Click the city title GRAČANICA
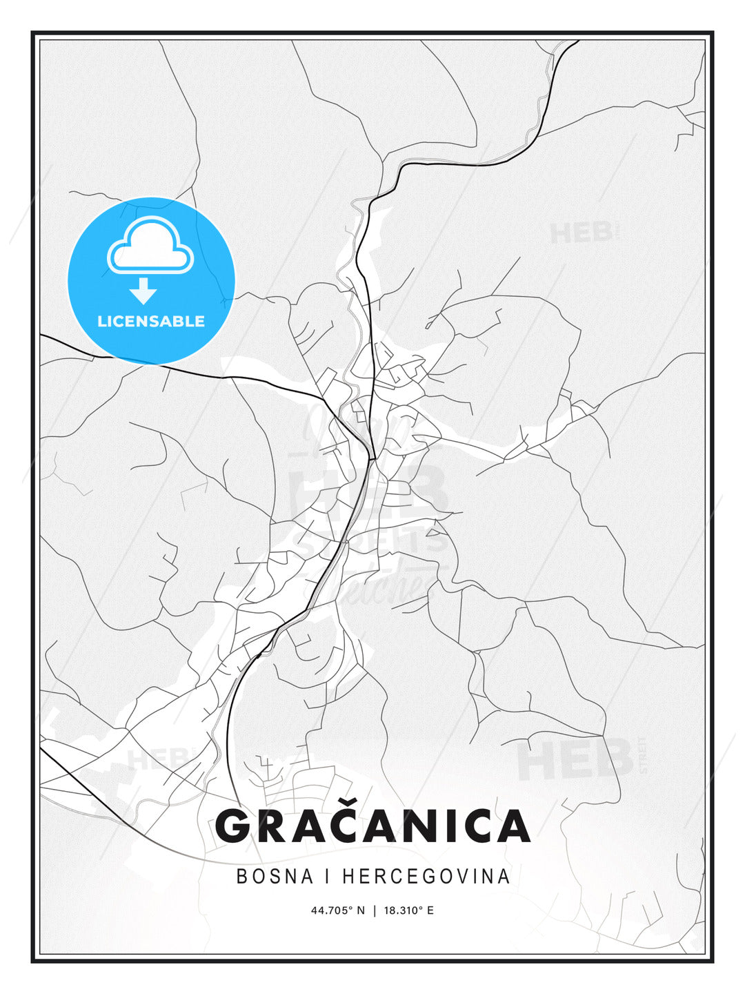click(372, 826)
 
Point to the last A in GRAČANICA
click(510, 826)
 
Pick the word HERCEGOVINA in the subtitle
click(426, 876)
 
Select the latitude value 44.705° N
click(337, 910)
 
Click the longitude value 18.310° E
click(410, 910)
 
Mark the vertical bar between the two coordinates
click(374, 910)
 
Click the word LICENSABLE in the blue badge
click(151, 321)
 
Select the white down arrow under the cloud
click(143, 291)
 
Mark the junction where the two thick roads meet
click(372, 458)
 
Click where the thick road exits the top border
click(578, 41)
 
